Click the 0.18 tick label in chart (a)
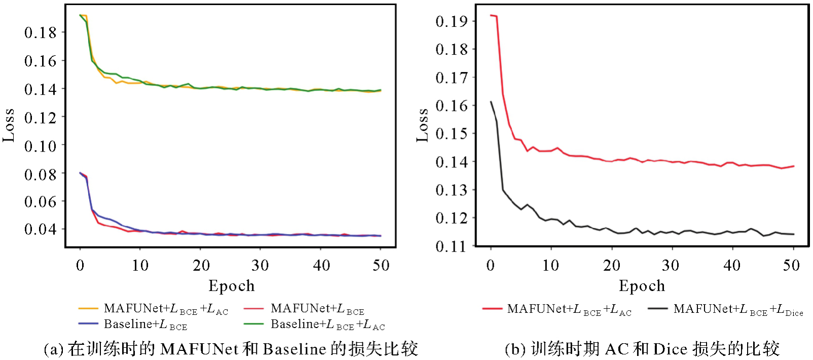pos(41,32)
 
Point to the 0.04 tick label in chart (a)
pos(41,229)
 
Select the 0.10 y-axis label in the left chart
pos(41,146)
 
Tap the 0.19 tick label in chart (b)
pos(452,21)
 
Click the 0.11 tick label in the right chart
pos(452,246)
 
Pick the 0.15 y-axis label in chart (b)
pos(452,134)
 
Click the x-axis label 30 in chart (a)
pos(261,265)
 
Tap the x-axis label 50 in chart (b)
pos(791,265)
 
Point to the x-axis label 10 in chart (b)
pos(550,265)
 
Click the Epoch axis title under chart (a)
pos(232,286)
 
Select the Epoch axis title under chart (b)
pos(642,286)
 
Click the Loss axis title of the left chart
pos(9,125)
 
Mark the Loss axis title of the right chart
pos(422,125)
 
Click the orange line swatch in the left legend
pos(88,308)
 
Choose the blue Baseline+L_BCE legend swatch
pos(88,323)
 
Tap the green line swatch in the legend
pos(253,323)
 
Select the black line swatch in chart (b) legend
pos(657,308)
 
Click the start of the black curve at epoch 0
pos(491,102)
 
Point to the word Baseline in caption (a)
pos(294,349)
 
